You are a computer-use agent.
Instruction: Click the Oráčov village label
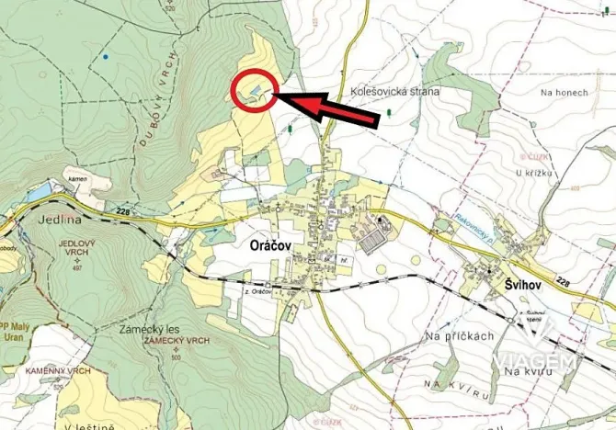273,247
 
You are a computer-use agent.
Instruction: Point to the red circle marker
254,91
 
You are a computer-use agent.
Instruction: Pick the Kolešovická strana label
394,92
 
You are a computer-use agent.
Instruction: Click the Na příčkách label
462,336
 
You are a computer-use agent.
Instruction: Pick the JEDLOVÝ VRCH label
77,245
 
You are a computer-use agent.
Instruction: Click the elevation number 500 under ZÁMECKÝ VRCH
176,356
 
